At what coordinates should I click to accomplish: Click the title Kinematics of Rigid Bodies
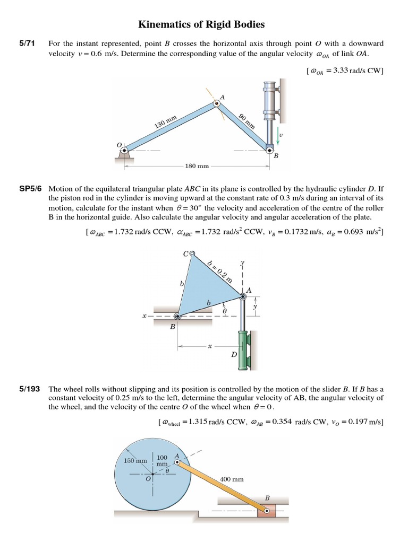[201, 24]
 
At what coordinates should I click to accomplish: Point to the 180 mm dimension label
[197, 166]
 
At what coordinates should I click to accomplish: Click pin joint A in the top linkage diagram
[217, 104]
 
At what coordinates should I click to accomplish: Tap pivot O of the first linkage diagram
[124, 151]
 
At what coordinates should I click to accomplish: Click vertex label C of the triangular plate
[185, 254]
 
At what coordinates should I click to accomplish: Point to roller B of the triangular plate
[177, 317]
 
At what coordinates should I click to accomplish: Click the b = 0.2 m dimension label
[220, 270]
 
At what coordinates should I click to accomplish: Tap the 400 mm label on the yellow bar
[232, 479]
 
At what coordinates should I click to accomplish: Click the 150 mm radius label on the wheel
[135, 461]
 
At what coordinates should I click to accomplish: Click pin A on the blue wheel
[177, 462]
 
